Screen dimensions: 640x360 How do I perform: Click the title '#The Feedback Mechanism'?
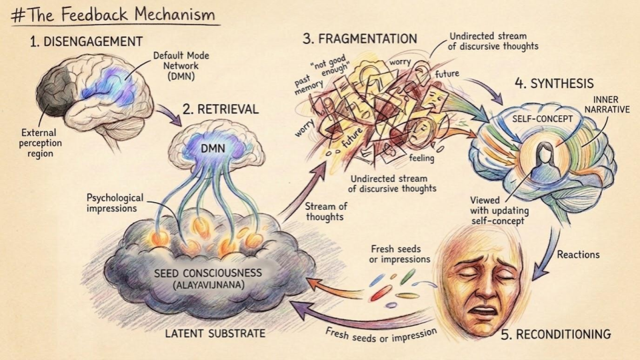click(x=113, y=15)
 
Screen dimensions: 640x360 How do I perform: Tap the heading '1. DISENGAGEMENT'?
click(x=86, y=41)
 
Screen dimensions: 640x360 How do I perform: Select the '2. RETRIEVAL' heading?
click(x=221, y=109)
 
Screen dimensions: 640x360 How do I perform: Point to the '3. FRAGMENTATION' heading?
click(x=359, y=39)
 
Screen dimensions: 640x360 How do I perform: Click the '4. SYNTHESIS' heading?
click(x=554, y=84)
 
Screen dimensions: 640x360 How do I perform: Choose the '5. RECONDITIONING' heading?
click(x=555, y=334)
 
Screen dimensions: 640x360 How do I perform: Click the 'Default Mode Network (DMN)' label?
click(x=181, y=66)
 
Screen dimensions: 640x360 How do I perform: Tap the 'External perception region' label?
click(x=40, y=143)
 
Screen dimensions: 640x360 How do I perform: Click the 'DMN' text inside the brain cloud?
click(x=213, y=148)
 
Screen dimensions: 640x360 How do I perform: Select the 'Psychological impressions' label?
click(x=115, y=203)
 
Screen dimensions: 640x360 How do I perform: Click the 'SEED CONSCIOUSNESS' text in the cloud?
click(x=208, y=273)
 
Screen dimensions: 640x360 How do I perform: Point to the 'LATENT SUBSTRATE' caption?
click(x=215, y=333)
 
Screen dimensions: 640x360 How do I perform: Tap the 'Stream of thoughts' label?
click(x=325, y=211)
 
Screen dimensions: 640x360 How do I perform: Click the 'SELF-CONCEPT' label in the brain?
click(x=543, y=119)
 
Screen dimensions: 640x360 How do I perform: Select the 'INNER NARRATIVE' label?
click(x=605, y=105)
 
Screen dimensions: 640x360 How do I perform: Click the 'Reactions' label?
click(x=579, y=255)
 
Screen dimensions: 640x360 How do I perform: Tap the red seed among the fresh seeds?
click(x=381, y=292)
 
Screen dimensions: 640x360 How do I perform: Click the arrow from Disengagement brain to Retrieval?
click(x=170, y=115)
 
